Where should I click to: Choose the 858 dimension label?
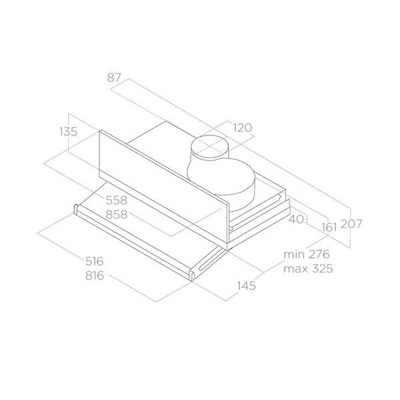[116, 215]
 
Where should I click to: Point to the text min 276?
[307, 255]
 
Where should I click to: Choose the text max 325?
[307, 269]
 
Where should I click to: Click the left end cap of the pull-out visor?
[77, 211]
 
